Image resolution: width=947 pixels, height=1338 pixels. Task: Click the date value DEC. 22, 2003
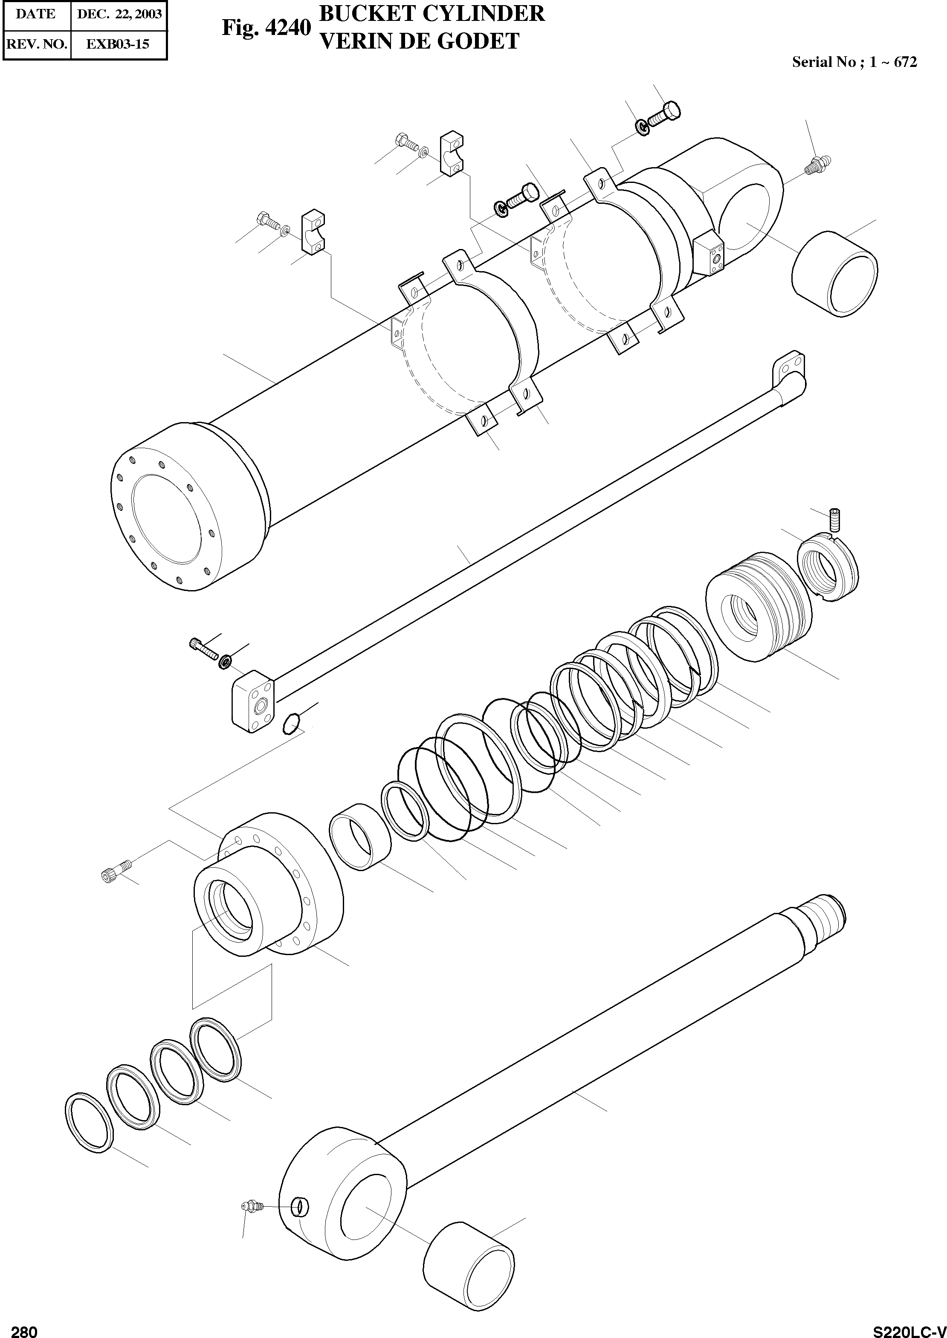click(x=119, y=14)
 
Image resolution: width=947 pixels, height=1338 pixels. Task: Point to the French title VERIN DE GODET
click(x=420, y=41)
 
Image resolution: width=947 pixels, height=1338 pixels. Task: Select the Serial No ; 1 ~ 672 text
click(x=854, y=62)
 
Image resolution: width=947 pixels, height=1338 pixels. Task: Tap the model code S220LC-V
click(x=909, y=1327)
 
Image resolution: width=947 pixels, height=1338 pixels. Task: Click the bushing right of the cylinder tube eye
click(x=834, y=273)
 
